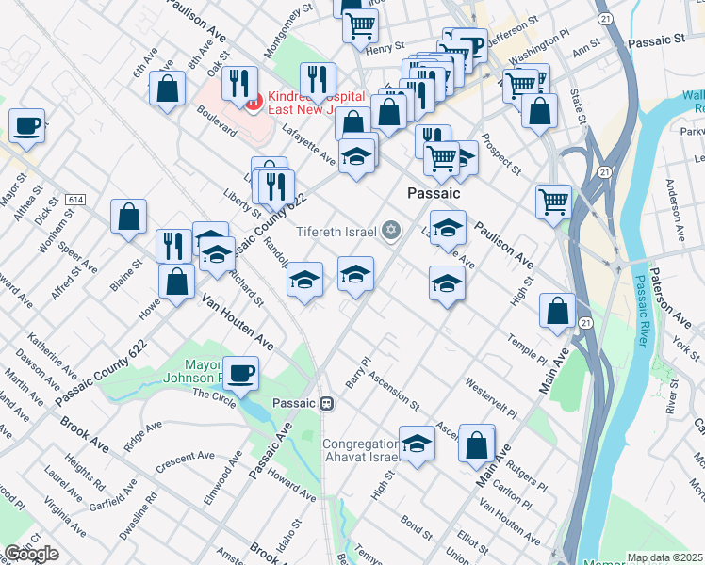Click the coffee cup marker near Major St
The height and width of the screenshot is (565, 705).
coord(26,124)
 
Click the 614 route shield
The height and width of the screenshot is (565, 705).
coord(75,200)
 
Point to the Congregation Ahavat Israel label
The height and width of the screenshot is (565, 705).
coord(362,452)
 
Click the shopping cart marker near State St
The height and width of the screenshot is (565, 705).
coord(552,200)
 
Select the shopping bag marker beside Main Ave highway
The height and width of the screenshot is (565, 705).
coord(557,310)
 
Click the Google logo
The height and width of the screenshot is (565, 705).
coord(31,554)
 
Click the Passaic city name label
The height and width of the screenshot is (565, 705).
coord(433,192)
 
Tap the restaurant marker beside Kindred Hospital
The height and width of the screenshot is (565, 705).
coord(239,83)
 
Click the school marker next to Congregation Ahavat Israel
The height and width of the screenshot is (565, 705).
coord(417,443)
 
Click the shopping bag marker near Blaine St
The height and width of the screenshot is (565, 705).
coord(128,216)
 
